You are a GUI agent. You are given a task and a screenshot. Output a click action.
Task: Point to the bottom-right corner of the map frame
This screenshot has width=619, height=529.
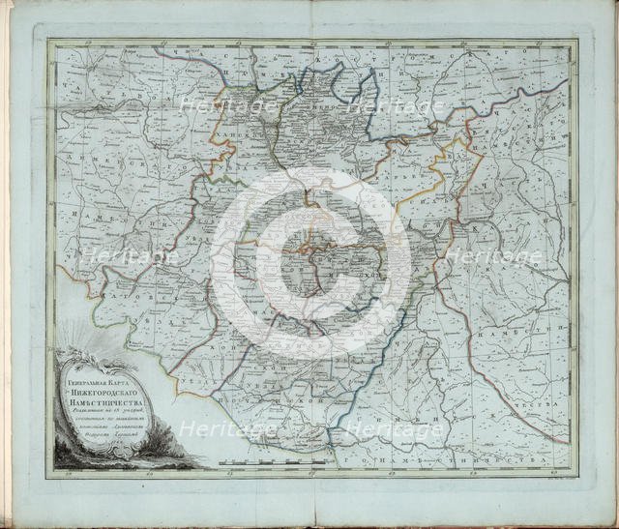click(x=576, y=470)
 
